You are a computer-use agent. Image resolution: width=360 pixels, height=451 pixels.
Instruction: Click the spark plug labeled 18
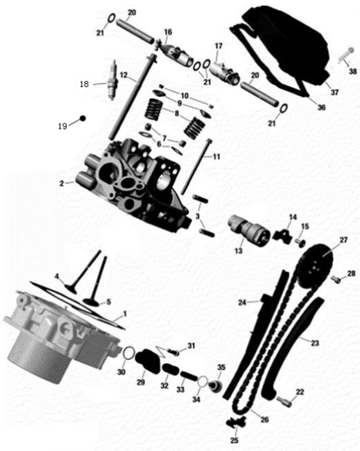(113, 80)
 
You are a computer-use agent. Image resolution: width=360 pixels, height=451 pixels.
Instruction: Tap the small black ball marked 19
(82, 118)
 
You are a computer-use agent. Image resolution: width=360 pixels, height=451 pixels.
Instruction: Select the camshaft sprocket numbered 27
(315, 267)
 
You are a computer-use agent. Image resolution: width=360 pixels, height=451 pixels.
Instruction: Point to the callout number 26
(264, 419)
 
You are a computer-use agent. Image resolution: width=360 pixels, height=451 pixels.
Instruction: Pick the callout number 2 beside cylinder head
(62, 183)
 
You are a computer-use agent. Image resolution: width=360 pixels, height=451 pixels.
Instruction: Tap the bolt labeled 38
(345, 55)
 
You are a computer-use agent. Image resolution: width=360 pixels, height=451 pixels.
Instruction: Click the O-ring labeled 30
(129, 353)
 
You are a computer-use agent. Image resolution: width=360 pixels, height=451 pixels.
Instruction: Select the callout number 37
(335, 93)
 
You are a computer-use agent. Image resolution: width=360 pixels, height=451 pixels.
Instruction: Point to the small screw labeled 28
(335, 279)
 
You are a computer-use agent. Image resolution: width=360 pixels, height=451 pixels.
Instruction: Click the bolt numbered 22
(284, 401)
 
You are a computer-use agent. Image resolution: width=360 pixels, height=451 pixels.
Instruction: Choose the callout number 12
(123, 75)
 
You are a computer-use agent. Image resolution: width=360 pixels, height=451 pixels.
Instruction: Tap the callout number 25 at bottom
(234, 439)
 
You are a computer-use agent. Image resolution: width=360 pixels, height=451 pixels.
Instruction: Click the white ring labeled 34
(203, 382)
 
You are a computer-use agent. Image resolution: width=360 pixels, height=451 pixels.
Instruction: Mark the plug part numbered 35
(215, 386)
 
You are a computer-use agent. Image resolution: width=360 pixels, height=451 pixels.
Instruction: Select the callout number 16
(168, 32)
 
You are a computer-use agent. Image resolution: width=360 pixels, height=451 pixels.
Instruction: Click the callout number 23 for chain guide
(315, 342)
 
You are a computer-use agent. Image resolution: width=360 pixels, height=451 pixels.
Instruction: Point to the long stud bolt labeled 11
(195, 167)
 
